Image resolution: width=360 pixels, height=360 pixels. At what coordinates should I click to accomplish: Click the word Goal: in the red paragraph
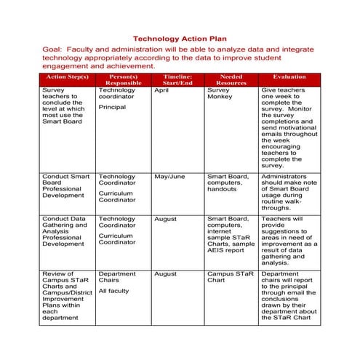(55, 50)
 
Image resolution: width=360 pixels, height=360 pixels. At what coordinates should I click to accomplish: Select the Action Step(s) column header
(66, 76)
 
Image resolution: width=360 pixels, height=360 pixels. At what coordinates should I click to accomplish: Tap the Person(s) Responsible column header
(123, 79)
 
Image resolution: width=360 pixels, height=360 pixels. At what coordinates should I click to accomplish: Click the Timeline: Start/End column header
(177, 79)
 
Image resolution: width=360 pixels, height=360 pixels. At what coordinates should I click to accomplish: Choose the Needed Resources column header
(231, 79)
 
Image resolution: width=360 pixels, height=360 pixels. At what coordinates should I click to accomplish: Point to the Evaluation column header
(289, 76)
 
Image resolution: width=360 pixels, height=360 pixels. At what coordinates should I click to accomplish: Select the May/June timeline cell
(169, 176)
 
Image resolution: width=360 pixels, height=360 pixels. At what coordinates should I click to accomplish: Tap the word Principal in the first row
(112, 107)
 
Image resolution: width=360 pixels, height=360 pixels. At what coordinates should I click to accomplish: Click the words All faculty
(113, 291)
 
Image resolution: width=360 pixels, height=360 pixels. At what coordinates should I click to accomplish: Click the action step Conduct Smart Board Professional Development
(66, 186)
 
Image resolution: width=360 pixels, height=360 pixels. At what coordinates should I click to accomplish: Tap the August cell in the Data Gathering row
(165, 218)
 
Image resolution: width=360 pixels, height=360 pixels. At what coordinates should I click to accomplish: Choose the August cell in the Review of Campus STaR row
(165, 274)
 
